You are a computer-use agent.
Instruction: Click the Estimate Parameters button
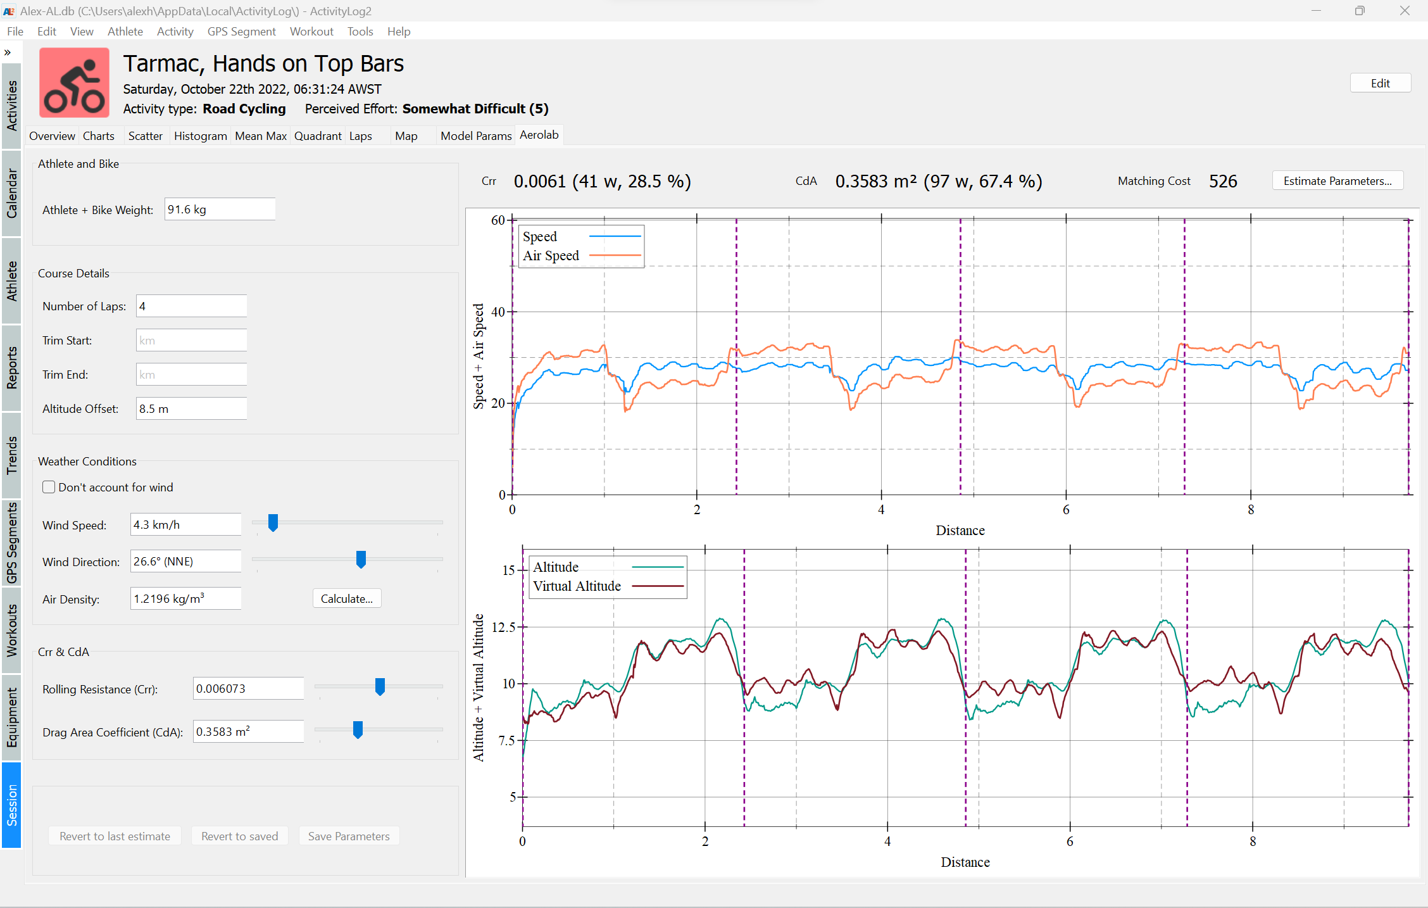point(1337,181)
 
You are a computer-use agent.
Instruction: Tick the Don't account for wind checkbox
point(49,487)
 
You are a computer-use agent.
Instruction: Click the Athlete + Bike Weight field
point(220,210)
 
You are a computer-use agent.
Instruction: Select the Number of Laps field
point(191,306)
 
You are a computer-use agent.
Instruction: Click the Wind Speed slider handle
point(273,523)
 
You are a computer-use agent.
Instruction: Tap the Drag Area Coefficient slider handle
point(358,729)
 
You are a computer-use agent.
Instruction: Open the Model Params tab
point(476,136)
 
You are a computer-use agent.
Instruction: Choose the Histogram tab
point(200,136)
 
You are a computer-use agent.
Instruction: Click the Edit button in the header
point(1380,84)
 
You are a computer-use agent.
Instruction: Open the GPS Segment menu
point(241,32)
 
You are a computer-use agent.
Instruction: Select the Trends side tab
point(11,455)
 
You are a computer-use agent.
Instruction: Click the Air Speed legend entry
point(551,256)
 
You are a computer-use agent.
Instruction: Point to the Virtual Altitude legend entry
point(577,586)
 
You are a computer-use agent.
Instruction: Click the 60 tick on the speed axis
point(498,220)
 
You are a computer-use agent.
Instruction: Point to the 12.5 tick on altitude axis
point(504,627)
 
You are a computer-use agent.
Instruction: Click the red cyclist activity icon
point(75,83)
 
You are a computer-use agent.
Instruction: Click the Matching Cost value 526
point(1222,182)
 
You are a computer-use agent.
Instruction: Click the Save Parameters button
point(349,836)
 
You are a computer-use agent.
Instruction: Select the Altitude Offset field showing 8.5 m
point(191,409)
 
